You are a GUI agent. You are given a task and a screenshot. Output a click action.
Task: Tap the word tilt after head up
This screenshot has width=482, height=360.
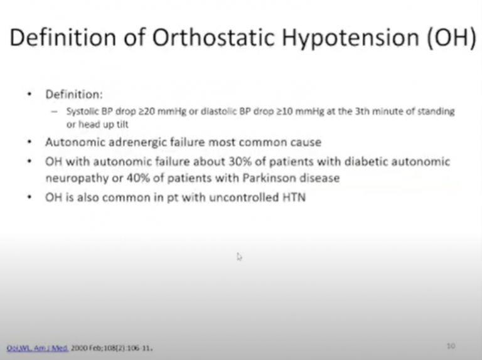click(x=118, y=123)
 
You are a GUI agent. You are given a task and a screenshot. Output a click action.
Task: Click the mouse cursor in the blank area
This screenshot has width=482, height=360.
click(x=239, y=256)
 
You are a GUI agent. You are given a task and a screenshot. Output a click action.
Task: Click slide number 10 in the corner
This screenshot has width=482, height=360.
click(x=451, y=346)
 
